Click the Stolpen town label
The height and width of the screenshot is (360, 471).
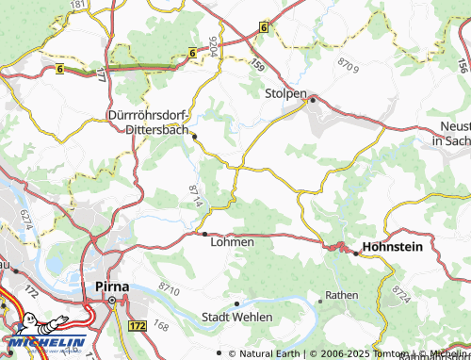(x=285, y=94)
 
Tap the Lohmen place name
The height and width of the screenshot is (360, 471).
(x=231, y=242)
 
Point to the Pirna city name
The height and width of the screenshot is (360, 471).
(x=112, y=284)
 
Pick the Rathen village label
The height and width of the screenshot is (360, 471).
(x=342, y=296)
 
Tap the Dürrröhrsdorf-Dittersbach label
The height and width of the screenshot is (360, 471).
(x=149, y=124)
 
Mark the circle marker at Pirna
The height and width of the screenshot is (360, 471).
(x=112, y=301)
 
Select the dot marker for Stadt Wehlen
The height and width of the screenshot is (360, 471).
(x=236, y=303)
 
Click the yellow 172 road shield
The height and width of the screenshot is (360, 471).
(x=137, y=324)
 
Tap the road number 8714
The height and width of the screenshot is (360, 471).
(x=195, y=196)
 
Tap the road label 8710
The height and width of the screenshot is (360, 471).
(x=170, y=286)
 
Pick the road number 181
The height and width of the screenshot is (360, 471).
(x=77, y=5)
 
